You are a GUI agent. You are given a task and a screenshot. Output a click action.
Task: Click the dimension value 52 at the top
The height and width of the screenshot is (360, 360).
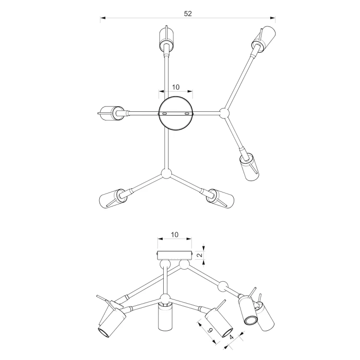(188, 14)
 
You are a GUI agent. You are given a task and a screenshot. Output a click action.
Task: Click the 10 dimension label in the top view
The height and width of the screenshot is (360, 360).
(176, 87)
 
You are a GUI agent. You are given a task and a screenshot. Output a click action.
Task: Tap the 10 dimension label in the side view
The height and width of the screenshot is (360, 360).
(175, 235)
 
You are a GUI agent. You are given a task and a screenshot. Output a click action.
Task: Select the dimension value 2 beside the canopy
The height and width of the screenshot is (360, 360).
(200, 255)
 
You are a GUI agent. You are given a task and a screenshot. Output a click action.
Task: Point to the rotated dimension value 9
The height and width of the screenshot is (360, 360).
(210, 330)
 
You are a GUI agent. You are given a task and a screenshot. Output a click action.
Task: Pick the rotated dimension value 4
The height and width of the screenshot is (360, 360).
(231, 337)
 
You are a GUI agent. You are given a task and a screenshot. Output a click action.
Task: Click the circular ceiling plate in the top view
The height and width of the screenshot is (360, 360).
(176, 113)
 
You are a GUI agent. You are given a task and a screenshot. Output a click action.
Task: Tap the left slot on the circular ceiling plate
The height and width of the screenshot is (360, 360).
(164, 114)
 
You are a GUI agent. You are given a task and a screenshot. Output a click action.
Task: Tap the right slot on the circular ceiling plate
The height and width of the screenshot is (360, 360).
(187, 114)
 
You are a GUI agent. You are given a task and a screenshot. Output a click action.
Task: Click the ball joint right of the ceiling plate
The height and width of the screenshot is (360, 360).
(224, 113)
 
